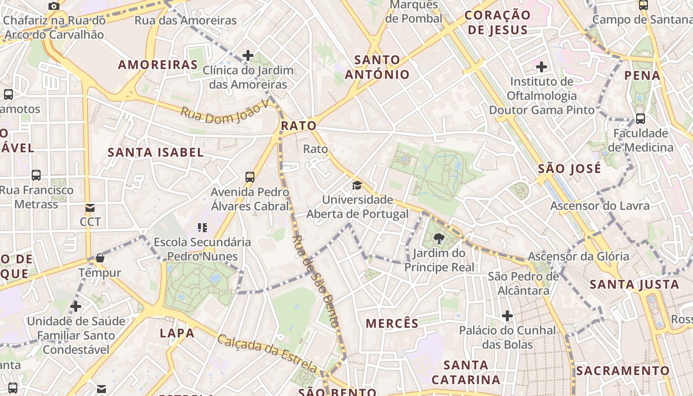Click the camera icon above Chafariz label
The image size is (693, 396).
click(x=54, y=6)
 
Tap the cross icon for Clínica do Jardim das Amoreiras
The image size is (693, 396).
click(x=248, y=55)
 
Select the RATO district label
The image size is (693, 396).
click(x=298, y=126)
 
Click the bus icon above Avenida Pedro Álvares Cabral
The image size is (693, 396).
click(x=250, y=177)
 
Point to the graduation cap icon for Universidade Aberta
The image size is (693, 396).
click(x=357, y=186)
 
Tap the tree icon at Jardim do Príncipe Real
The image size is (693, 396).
click(x=439, y=239)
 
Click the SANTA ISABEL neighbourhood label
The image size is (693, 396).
click(x=156, y=152)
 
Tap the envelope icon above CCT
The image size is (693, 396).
click(x=90, y=208)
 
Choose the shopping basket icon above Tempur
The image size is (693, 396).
click(x=100, y=258)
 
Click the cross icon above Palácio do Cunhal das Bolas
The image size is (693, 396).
click(x=507, y=315)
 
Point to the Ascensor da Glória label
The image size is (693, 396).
click(x=578, y=256)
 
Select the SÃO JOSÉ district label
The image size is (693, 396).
click(x=569, y=168)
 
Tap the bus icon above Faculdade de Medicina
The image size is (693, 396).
click(x=641, y=119)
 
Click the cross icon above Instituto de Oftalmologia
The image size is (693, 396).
click(x=542, y=66)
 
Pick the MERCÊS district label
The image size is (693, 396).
click(x=392, y=324)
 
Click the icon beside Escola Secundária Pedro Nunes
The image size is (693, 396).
click(x=202, y=228)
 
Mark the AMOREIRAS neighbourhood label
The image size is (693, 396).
click(x=158, y=65)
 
